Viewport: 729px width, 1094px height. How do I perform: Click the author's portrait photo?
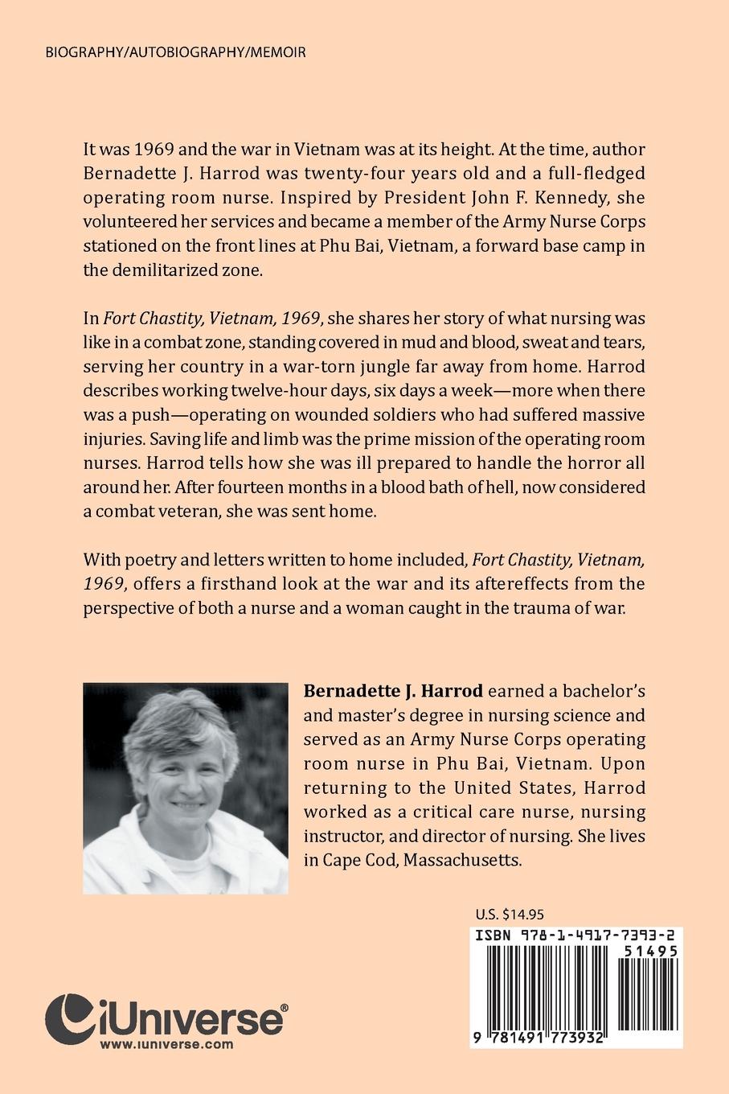186,788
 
